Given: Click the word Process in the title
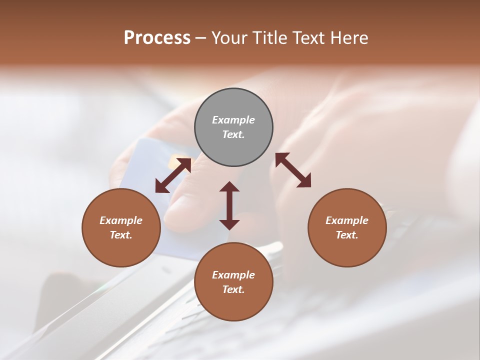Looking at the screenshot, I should (x=157, y=38).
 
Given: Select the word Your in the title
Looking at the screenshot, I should (x=227, y=38).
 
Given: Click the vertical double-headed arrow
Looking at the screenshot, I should (x=229, y=205).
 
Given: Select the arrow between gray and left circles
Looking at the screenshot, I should (x=173, y=175).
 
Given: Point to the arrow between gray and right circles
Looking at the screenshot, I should (x=293, y=170).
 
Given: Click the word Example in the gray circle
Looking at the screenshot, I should (x=233, y=120).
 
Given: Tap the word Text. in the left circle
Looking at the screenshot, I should (x=121, y=235).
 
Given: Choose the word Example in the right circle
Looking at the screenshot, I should (x=347, y=220).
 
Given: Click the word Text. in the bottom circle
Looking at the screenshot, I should (x=233, y=289).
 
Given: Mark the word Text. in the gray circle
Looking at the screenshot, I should (x=233, y=134).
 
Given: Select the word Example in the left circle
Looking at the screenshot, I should (x=121, y=220).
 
